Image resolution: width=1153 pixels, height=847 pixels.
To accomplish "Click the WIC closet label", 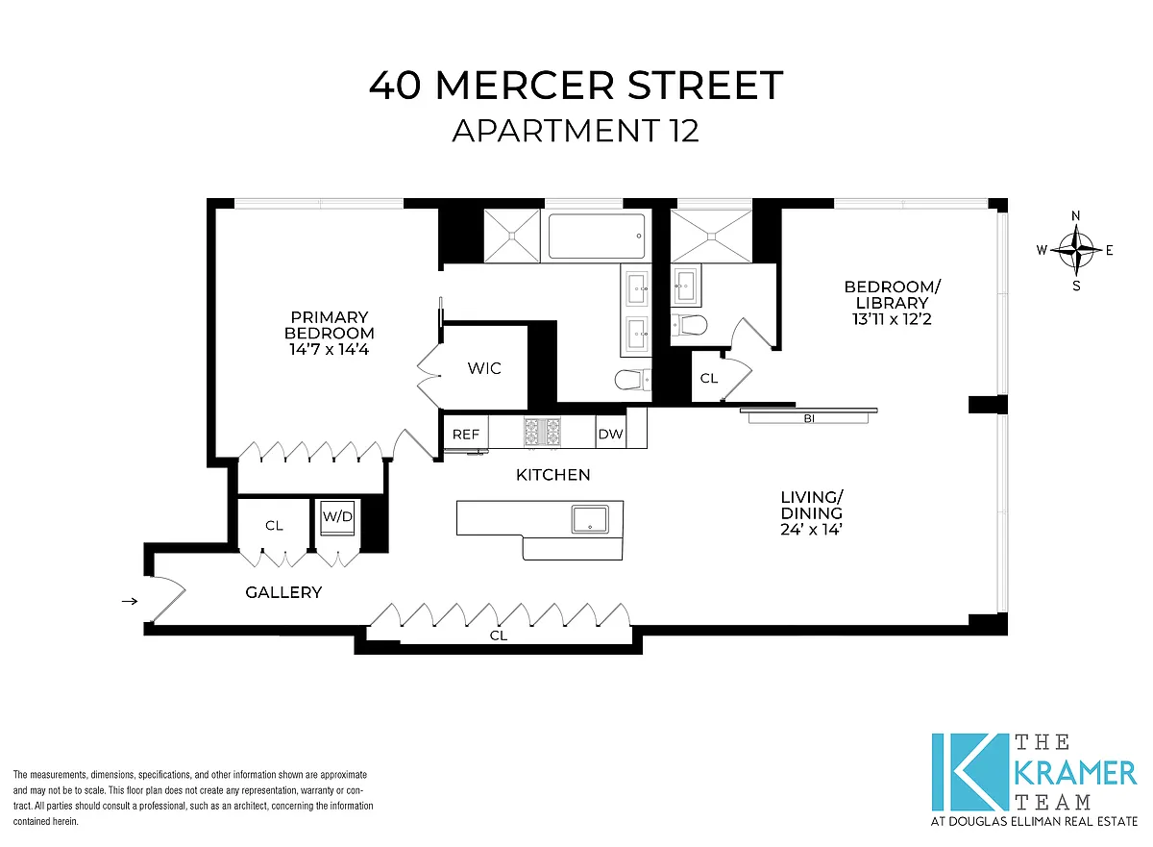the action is point(484,368).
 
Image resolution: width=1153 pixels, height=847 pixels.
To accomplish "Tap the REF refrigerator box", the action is point(466,432).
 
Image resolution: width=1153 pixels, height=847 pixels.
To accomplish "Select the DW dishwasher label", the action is point(610,434).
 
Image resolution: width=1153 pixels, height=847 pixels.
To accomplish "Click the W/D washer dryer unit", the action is point(337,517).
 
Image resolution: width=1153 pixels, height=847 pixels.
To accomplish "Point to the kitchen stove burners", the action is point(542,432).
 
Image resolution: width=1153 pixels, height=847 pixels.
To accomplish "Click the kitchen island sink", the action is point(590,519).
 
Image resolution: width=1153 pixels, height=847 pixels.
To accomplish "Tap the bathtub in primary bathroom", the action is point(597,237).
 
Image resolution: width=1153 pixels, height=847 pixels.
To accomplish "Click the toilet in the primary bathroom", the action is point(633,380).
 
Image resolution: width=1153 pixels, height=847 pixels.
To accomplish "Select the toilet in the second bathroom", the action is point(689,325).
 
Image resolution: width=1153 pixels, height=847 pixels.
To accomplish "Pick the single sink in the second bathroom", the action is point(686,284).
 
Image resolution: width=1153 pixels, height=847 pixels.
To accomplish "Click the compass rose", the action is point(1076,250).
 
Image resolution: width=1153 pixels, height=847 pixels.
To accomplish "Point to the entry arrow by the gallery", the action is point(130,601).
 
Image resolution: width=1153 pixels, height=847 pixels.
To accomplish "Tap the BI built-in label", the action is point(809,418).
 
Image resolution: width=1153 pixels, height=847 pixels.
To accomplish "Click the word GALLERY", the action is point(283,592).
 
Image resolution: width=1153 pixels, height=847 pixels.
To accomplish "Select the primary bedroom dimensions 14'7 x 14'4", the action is point(330,350).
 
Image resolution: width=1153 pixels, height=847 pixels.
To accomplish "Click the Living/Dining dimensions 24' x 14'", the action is point(811,530).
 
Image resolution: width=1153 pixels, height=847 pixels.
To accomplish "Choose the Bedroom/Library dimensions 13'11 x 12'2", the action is point(892,320).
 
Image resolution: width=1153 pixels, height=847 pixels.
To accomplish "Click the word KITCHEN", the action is point(552,475).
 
